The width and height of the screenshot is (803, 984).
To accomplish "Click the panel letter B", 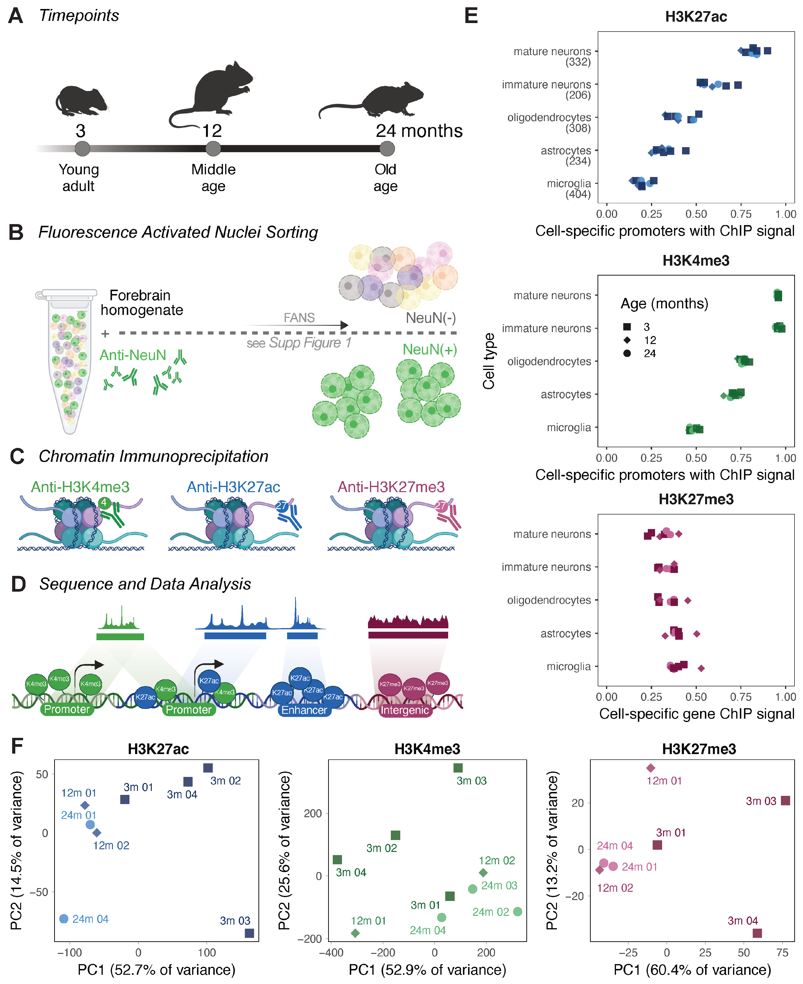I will point(16,232).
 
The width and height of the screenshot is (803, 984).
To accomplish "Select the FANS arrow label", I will point(299,318).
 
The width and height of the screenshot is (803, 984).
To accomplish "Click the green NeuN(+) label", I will point(429,350).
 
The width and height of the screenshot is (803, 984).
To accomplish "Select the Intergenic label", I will point(404,710).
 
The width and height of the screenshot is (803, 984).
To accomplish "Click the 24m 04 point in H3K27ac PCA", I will point(64,919).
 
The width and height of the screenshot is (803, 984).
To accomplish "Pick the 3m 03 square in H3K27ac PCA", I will point(249,933).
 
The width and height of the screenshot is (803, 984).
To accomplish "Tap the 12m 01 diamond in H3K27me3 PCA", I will point(651,768).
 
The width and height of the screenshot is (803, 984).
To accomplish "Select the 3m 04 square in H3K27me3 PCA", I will point(757,933).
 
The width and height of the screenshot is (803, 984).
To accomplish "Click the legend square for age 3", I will point(627,327).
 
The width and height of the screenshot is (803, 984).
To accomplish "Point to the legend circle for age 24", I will point(627,353).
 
